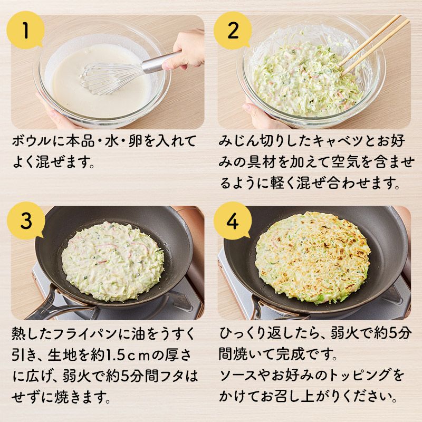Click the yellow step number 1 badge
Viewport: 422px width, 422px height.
[x=26, y=30]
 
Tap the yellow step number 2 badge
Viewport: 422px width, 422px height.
[x=233, y=30]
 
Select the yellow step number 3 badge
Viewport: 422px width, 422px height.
[x=26, y=220]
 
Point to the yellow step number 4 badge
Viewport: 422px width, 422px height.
[x=233, y=220]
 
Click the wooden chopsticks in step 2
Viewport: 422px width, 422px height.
[x=374, y=44]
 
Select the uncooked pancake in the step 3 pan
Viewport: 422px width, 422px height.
[x=112, y=261]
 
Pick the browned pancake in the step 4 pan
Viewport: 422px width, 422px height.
[x=313, y=257]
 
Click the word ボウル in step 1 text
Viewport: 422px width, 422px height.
[x=32, y=141]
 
